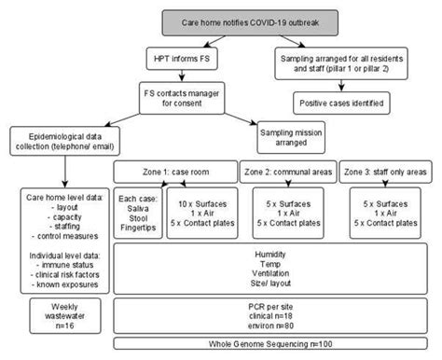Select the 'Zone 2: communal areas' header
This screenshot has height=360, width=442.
coord(285,173)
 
